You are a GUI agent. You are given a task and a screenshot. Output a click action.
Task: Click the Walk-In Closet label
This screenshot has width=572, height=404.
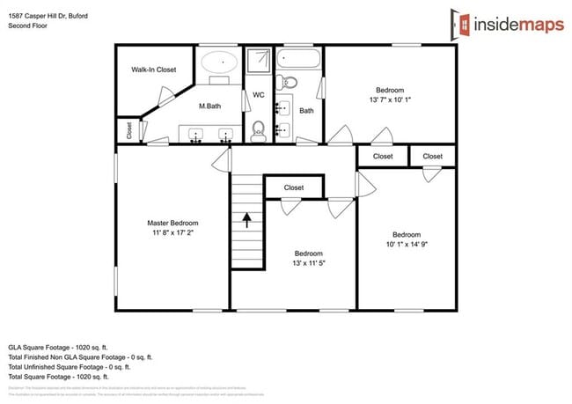point(154,69)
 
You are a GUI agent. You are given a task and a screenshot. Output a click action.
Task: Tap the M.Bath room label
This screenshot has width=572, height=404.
point(210,106)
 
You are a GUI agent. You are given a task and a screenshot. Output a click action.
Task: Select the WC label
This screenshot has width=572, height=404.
point(259,94)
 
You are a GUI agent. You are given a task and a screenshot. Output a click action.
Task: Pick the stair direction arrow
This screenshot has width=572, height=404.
point(247,218)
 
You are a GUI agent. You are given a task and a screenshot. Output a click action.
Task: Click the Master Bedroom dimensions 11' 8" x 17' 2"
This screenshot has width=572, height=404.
point(172,233)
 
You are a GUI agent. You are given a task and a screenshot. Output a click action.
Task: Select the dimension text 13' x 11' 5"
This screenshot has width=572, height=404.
point(309,262)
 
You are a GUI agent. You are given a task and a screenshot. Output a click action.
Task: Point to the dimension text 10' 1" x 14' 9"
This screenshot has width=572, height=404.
point(406,244)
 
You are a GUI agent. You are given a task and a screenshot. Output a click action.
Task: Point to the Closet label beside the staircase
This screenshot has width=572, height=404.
point(294,187)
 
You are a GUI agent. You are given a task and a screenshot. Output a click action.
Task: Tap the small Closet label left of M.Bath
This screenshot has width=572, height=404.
point(130,130)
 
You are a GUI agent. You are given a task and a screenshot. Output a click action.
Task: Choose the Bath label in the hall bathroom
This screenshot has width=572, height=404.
point(306,111)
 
